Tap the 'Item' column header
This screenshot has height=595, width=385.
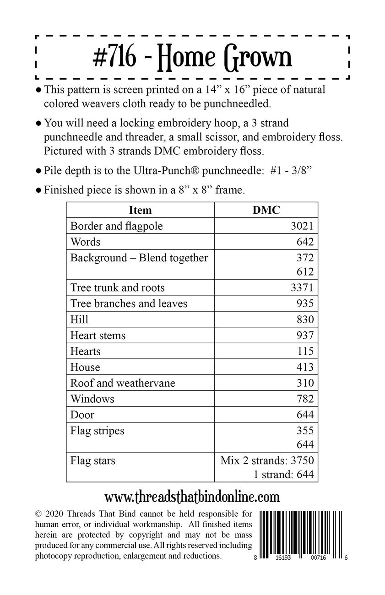[x=140, y=210]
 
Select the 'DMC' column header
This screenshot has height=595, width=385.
[x=266, y=210]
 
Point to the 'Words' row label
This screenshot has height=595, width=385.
[x=85, y=242]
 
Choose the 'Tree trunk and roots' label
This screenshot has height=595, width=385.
[x=117, y=287]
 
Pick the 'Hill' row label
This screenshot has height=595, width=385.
[x=79, y=319]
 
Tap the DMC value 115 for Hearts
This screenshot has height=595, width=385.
[x=305, y=351]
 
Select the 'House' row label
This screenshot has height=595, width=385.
[x=85, y=367]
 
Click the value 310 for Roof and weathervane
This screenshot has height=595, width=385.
[x=305, y=383]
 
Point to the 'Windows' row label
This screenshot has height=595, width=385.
[x=92, y=399]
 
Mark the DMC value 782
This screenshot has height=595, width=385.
[x=305, y=399]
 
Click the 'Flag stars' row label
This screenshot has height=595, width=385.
[x=92, y=460]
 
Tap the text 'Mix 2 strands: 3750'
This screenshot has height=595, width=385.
[x=267, y=460]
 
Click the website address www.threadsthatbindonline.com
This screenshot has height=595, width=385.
[x=192, y=497]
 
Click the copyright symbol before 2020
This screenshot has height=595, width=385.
[x=38, y=512]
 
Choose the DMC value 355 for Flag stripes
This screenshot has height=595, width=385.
[x=305, y=431]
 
